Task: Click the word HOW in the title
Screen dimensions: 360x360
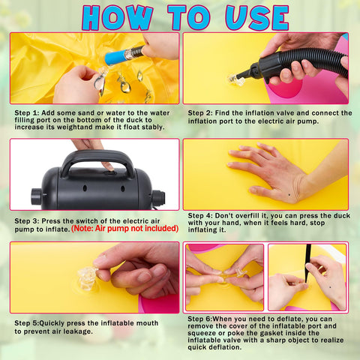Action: [x=117, y=17]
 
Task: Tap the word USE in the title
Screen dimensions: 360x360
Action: [x=257, y=17]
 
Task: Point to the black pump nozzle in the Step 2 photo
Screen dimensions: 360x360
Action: [x=250, y=71]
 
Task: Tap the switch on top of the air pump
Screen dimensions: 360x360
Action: [x=110, y=172]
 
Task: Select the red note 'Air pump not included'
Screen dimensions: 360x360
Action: [x=124, y=229]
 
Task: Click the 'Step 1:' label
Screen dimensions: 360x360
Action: [x=27, y=113]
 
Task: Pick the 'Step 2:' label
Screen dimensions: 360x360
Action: [x=200, y=113]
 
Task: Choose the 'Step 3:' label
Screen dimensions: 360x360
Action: [x=27, y=221]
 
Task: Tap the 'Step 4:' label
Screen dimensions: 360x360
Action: [x=200, y=216]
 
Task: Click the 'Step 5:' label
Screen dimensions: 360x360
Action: [x=27, y=323]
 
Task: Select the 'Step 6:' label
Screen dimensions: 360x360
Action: [x=200, y=319]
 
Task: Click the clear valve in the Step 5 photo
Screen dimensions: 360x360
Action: [x=87, y=278]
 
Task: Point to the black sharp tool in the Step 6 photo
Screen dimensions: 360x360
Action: [x=308, y=260]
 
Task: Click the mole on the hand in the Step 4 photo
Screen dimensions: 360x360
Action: [x=289, y=195]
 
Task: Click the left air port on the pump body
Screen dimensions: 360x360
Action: [x=37, y=196]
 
